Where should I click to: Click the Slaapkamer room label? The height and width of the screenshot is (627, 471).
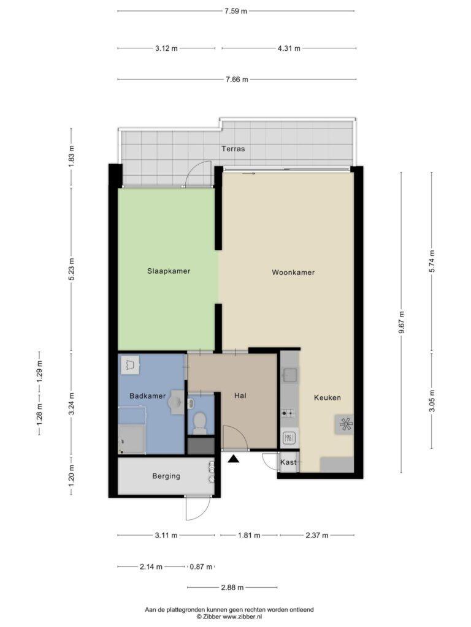pos(169,271)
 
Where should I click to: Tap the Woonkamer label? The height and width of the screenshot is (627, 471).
pos(293,272)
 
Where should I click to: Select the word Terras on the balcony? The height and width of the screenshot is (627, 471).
pos(233,149)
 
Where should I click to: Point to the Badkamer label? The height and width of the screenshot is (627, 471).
pos(147,396)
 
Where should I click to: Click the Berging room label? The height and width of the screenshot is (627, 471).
pos(166,476)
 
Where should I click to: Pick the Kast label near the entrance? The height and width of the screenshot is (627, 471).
pos(288,462)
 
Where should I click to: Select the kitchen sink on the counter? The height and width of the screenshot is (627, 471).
pos(289,375)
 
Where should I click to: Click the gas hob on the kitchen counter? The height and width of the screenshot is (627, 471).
pos(289,413)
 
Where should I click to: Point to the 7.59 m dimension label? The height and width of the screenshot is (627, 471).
pos(236,11)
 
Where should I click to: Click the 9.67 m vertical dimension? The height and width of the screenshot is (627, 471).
pos(402,322)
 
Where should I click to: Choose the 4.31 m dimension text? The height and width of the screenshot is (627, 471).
pos(289,49)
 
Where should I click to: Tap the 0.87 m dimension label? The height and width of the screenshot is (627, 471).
pos(201,566)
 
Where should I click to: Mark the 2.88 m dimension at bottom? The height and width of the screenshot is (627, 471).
pos(232,588)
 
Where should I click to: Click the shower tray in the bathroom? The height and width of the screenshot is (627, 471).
pos(131,438)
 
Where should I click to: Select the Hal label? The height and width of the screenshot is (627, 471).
pos(240,396)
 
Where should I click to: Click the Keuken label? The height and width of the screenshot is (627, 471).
pos(327,397)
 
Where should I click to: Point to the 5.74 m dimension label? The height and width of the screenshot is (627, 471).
pos(432,261)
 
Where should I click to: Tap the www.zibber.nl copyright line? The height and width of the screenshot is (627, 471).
pos(229,617)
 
